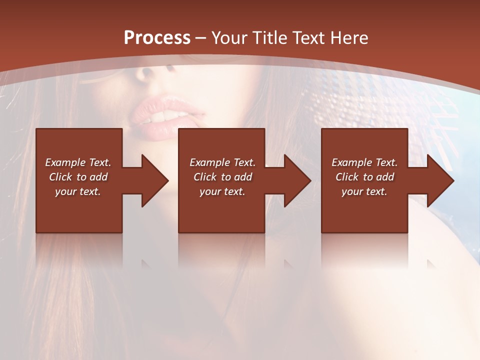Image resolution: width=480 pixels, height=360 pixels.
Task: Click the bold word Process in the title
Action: [157, 38]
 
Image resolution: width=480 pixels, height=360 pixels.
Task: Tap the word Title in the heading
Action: [270, 38]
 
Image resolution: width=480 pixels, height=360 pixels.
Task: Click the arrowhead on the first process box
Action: [154, 180]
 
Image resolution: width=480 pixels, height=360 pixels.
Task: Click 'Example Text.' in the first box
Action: [78, 162]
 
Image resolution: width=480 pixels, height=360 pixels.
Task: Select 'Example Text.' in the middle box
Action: [222, 162]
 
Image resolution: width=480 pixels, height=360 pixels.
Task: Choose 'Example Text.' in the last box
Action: [364, 162]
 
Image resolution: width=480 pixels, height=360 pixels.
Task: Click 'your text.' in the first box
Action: [78, 191]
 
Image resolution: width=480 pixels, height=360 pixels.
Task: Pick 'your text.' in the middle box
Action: [222, 191]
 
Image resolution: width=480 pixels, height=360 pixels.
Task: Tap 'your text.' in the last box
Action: [364, 191]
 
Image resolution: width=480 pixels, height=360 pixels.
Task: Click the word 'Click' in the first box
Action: [61, 177]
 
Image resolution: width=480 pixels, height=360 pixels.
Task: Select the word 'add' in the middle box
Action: [243, 177]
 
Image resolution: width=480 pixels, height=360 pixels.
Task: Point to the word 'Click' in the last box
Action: [347, 177]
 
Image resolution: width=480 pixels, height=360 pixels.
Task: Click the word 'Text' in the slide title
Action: [308, 38]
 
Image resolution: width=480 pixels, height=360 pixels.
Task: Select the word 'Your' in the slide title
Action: [229, 38]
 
